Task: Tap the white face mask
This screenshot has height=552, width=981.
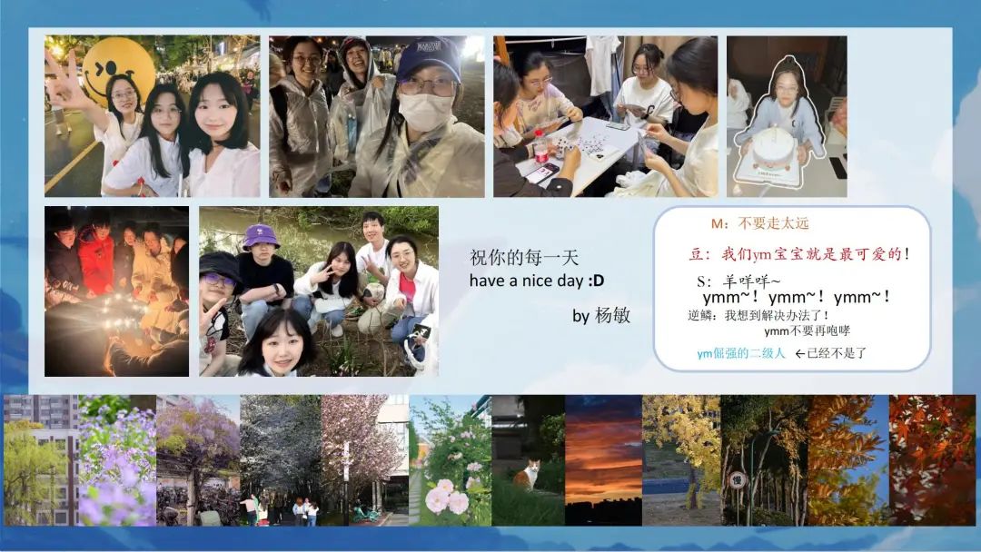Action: pos(425,112)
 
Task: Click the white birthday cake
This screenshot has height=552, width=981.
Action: pos(773,150)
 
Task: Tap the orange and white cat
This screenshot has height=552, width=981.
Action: pos(527,475)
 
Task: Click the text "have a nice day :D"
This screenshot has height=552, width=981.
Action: pos(537,281)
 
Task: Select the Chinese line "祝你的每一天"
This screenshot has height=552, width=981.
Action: pos(524,258)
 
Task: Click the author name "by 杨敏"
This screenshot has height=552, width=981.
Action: pos(601,315)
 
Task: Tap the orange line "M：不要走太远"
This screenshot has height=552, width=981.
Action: pos(759,224)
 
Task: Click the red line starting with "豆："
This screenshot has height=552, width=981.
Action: pos(799,254)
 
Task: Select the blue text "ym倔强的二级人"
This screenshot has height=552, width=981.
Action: pos(741,353)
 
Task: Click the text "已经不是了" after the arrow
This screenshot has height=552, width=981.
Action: pos(837,353)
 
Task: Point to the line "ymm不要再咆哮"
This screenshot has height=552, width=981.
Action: pos(808,330)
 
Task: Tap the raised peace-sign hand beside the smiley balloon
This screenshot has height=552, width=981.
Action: pos(64,82)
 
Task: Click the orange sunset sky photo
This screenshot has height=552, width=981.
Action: pos(603,460)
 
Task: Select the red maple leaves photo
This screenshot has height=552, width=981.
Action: pos(932,460)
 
